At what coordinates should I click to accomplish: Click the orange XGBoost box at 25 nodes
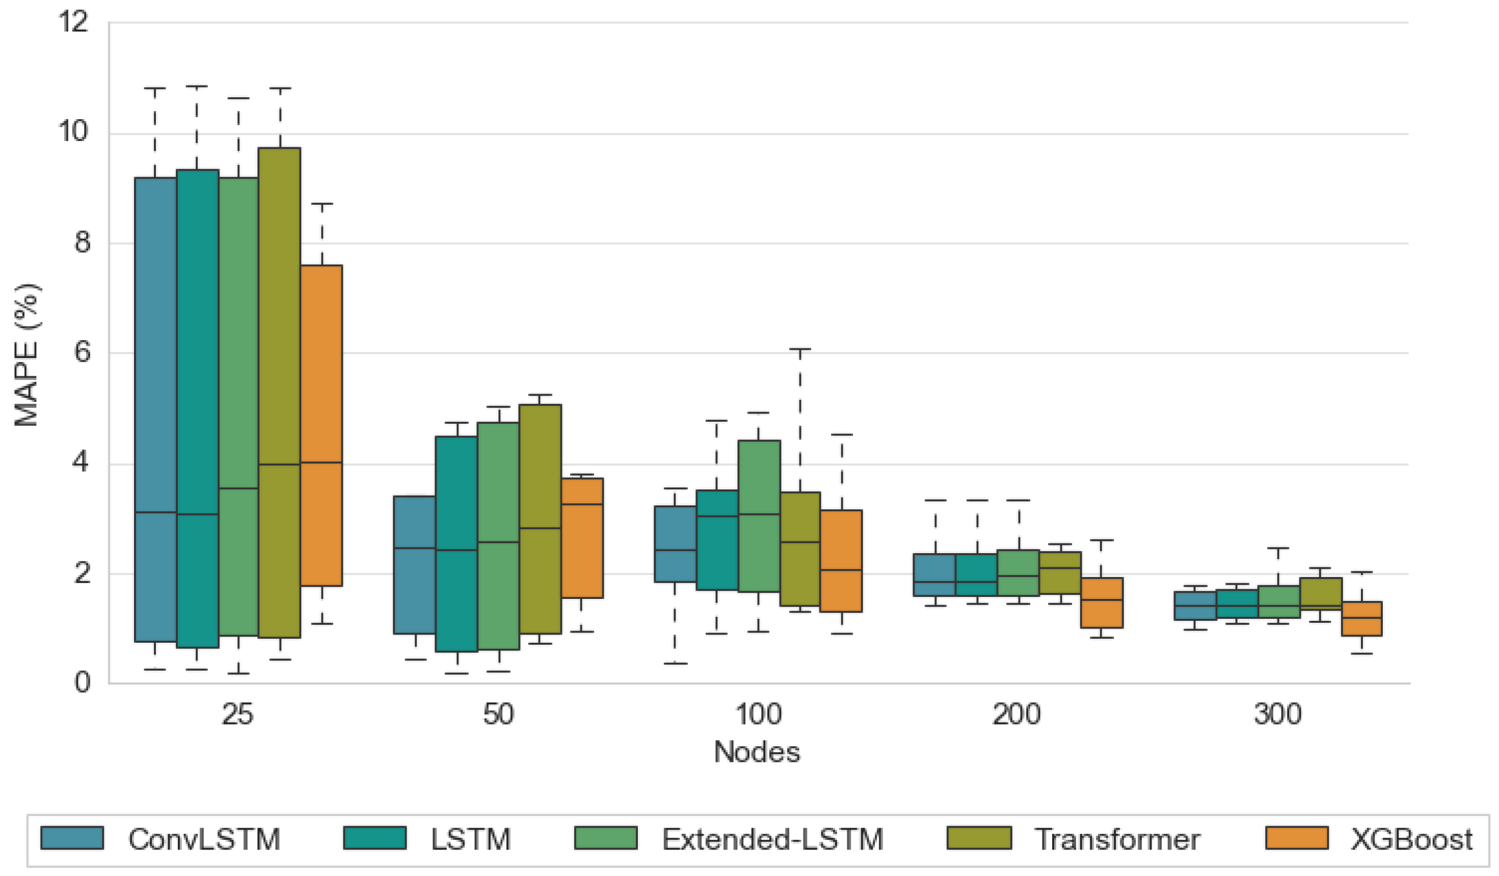pos(321,425)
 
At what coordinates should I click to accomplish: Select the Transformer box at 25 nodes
pos(280,393)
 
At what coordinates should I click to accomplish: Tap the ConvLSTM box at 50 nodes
pos(415,565)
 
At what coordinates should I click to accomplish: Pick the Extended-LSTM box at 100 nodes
pos(759,516)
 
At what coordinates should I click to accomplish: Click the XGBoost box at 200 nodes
pos(1102,603)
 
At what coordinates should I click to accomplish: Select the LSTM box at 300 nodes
pos(1237,604)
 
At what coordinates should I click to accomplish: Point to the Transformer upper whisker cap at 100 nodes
pos(800,350)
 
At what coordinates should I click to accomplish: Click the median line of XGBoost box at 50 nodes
pos(582,504)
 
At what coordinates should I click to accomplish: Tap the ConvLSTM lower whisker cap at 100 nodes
pos(675,663)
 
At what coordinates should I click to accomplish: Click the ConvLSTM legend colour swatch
pos(72,838)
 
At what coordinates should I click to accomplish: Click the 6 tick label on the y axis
pos(82,352)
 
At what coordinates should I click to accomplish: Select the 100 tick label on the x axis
pos(759,714)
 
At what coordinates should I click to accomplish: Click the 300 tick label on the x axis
pos(1278,714)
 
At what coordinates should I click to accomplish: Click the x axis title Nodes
pos(757,752)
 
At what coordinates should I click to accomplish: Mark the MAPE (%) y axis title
pos(27,354)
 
